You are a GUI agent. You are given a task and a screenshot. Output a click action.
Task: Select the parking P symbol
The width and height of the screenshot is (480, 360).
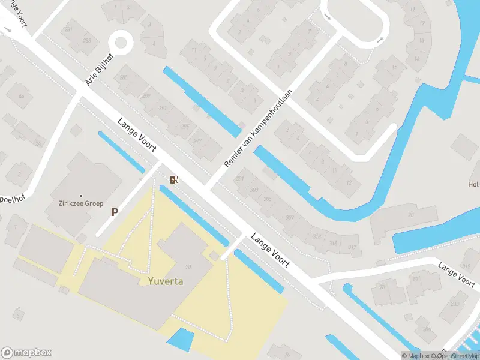tap(114, 211)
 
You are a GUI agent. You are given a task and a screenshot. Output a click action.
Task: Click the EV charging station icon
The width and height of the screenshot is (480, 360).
tap(174, 179)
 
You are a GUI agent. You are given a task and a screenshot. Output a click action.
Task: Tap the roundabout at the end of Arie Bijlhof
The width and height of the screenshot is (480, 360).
tap(121, 43)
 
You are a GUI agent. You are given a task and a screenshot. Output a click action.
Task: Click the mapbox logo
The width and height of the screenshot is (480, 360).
tap(26, 353)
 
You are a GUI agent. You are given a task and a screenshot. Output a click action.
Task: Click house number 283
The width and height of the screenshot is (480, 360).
tap(87, 41)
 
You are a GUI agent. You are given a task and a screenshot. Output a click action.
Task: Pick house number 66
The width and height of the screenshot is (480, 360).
tap(22, 96)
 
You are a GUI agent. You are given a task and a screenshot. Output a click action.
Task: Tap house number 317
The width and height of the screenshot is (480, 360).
tap(352, 247)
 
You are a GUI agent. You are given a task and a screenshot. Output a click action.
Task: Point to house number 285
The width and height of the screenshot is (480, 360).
tap(124, 77)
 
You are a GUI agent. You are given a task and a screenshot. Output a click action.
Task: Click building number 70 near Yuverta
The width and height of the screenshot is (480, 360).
tap(188, 267)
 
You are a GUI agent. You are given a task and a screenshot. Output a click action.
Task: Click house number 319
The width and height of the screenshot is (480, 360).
tap(466, 266)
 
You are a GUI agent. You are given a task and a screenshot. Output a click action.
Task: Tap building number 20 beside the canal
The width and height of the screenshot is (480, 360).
tap(411, 214)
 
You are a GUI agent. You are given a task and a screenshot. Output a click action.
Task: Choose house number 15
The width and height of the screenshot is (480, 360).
tap(394, 67)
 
